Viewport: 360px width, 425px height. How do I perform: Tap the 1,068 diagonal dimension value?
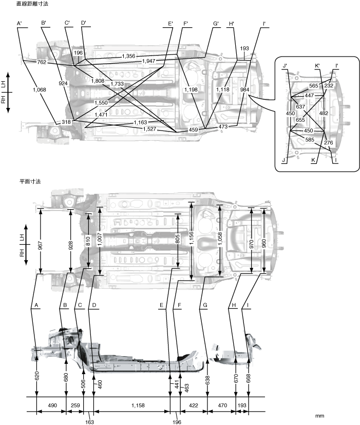[x=40, y=90]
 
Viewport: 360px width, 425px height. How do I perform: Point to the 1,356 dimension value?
[x=130, y=56]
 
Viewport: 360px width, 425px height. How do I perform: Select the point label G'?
[x=216, y=24]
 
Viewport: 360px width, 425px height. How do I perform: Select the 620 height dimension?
[x=37, y=376]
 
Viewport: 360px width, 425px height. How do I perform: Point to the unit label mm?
[x=320, y=415]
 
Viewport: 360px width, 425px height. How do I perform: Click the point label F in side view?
[x=180, y=305]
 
